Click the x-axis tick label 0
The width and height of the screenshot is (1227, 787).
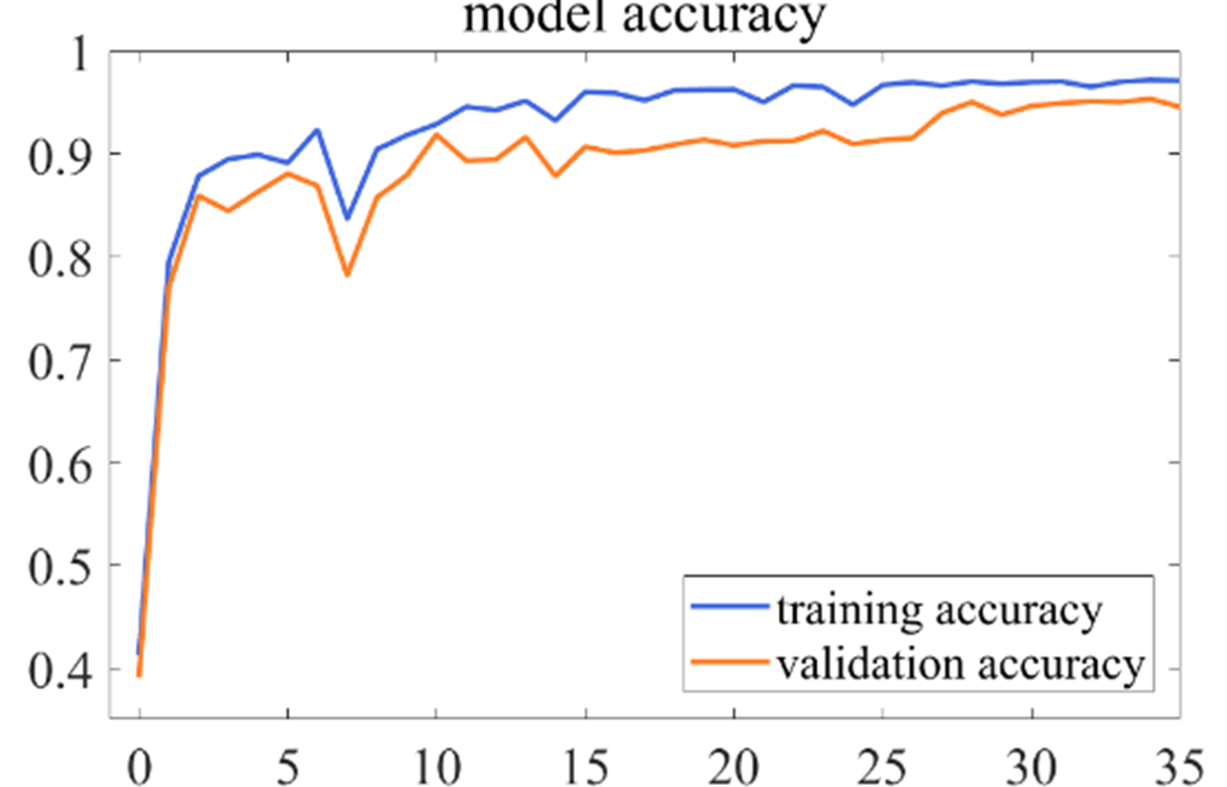click(139, 767)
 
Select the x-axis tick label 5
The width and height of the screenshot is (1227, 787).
click(288, 767)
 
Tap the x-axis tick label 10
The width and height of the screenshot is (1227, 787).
click(436, 767)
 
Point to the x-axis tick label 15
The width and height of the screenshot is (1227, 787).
click(585, 767)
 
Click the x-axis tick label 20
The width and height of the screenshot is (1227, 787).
click(733, 767)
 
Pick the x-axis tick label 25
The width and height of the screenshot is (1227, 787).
click(882, 767)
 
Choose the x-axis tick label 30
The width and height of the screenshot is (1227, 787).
click(1031, 767)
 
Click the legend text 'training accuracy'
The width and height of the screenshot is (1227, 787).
click(938, 609)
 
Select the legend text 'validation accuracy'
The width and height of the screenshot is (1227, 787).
click(961, 664)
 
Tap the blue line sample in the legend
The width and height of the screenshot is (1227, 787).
click(729, 605)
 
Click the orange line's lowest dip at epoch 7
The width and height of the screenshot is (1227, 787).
click(347, 275)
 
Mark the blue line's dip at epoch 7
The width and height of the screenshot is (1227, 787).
click(347, 218)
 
